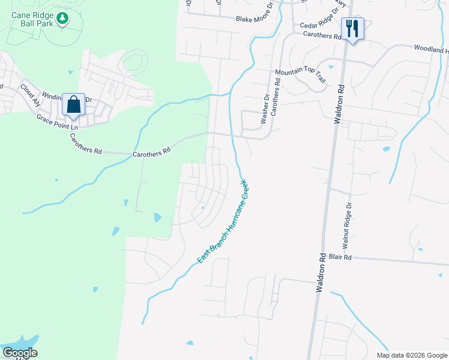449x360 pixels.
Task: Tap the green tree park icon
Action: [x=62, y=20]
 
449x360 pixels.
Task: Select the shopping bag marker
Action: [x=73, y=104]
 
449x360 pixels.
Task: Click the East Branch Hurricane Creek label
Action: [x=223, y=220]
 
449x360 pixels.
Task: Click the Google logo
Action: [x=19, y=353]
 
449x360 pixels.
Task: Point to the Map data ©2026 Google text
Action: [x=411, y=355]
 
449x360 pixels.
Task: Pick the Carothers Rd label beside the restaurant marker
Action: [x=322, y=35]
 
